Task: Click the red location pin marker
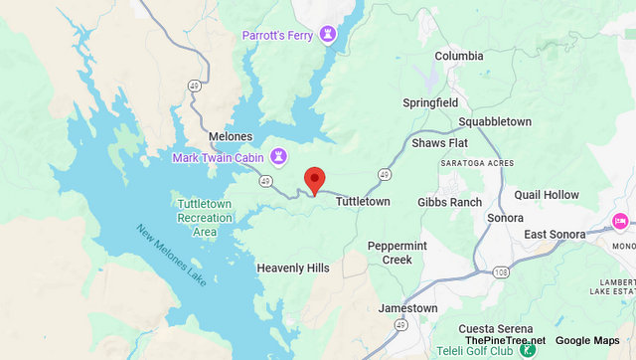click(314, 180)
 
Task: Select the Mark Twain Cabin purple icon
click(279, 156)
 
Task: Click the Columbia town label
click(459, 56)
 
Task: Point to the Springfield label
click(431, 102)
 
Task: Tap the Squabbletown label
click(495, 122)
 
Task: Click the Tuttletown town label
click(363, 201)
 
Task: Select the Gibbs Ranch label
click(449, 202)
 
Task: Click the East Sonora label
click(560, 234)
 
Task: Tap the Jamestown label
click(407, 308)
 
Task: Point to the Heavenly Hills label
click(292, 269)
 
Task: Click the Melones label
click(231, 136)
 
